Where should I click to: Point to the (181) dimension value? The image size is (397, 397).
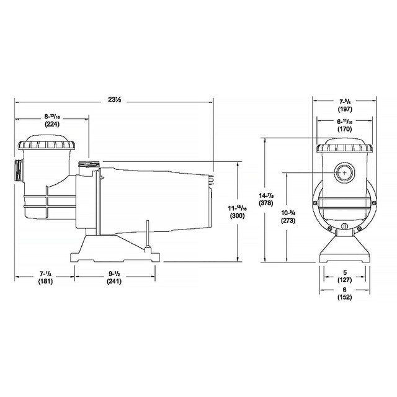44,281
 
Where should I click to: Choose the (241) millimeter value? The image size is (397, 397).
113,281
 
